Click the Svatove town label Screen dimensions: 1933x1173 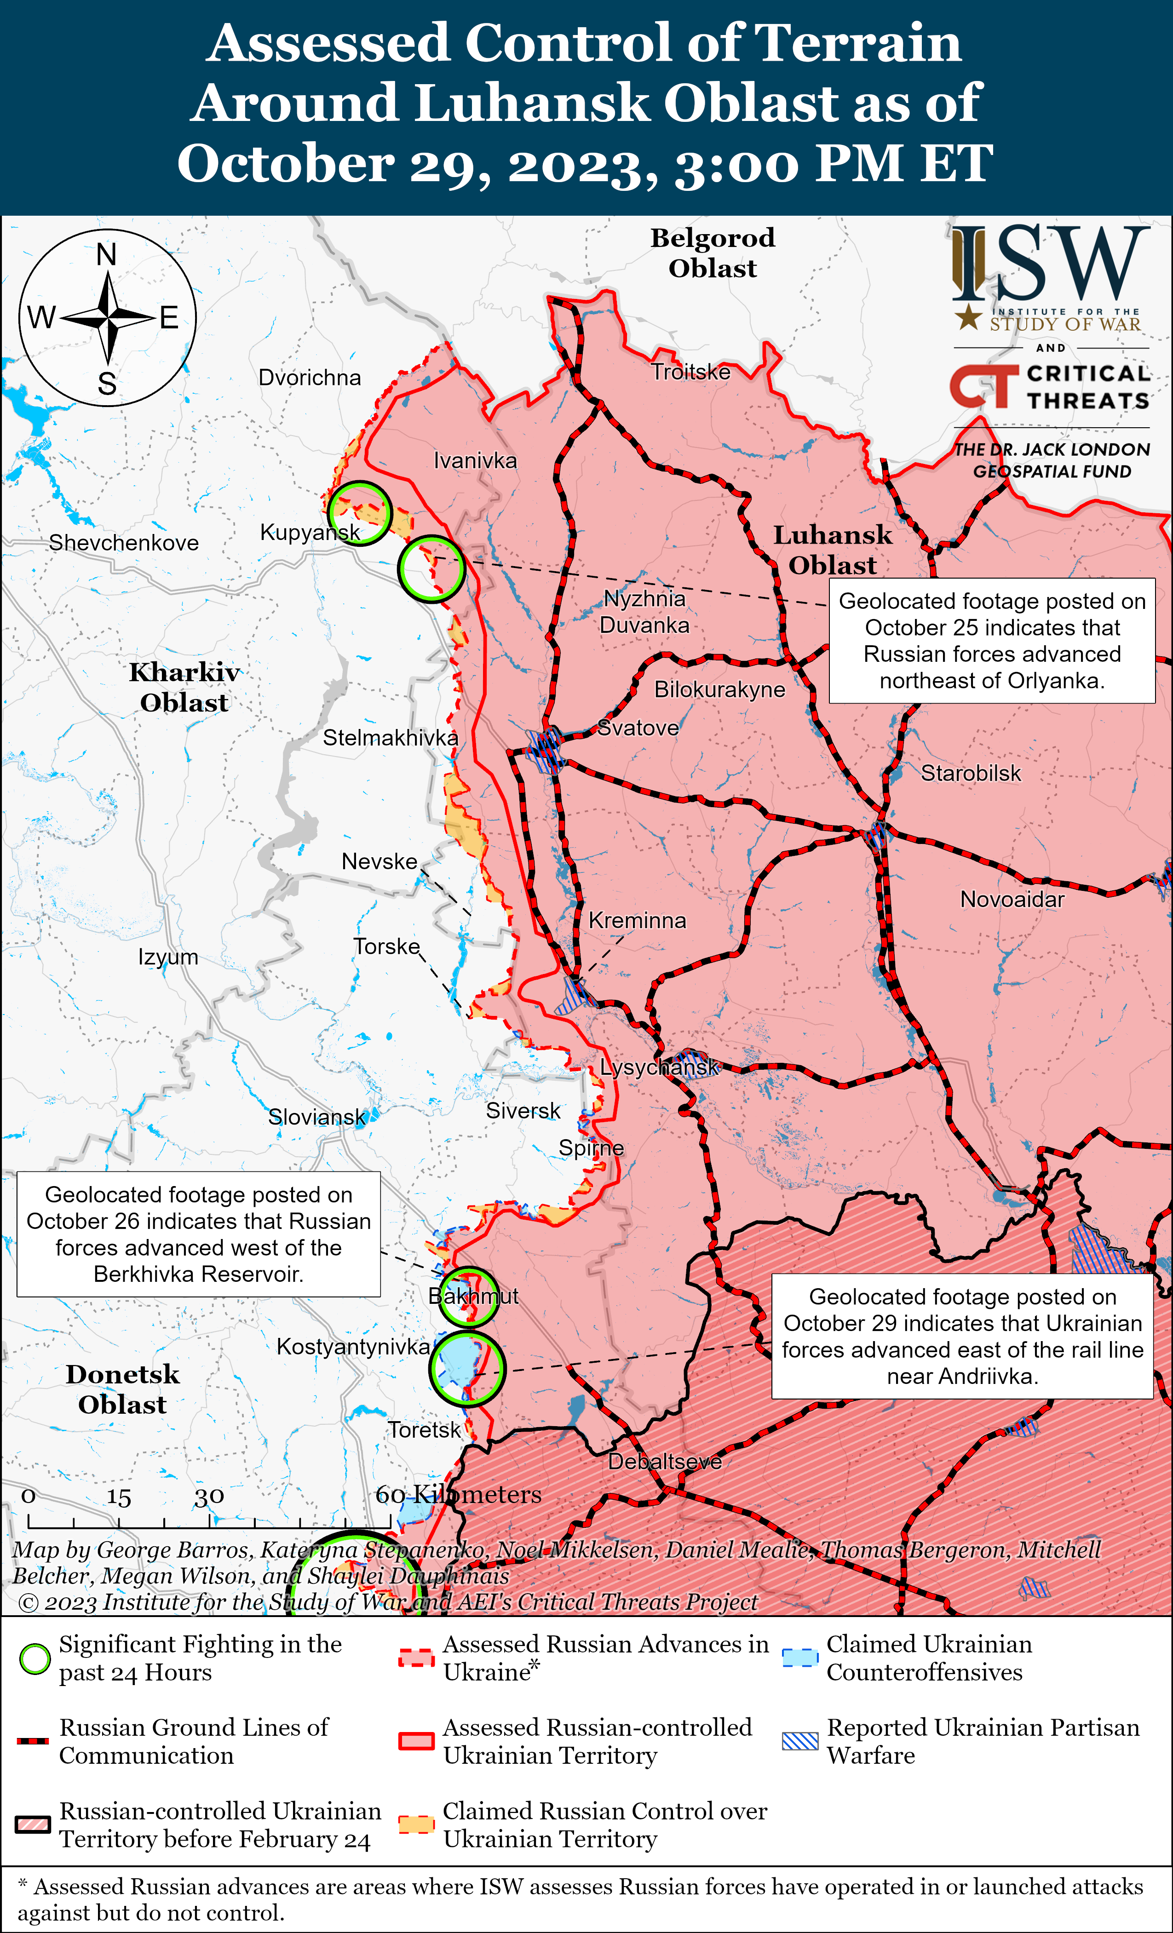(x=638, y=728)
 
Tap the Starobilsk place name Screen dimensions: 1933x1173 (x=971, y=774)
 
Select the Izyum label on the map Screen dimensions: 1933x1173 (x=168, y=957)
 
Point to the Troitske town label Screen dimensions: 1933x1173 (x=690, y=372)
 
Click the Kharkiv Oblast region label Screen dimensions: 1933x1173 (x=184, y=687)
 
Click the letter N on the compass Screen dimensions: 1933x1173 (x=107, y=255)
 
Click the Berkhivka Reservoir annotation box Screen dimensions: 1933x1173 (x=199, y=1234)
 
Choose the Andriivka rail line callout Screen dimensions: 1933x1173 (x=962, y=1336)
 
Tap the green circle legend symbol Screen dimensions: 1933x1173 (x=34, y=1658)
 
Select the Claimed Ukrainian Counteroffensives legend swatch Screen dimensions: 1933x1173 (x=800, y=1658)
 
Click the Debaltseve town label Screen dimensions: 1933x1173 (x=665, y=1462)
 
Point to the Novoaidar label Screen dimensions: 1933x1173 (x=1012, y=899)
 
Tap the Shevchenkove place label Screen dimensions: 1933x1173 (x=124, y=543)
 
